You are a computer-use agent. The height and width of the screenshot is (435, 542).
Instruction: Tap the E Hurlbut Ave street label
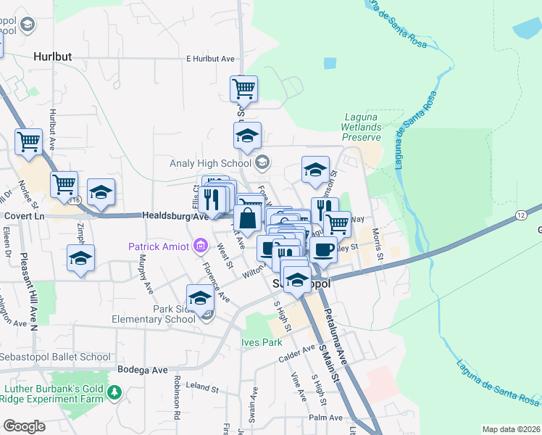pos(212,59)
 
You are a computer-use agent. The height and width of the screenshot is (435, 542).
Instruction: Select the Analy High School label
pos(212,162)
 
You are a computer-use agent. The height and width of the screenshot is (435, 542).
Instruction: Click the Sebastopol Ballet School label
pos(56,357)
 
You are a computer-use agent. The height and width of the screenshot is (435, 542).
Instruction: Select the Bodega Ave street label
pos(143,370)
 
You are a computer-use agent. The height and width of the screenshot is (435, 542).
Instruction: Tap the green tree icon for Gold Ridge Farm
pos(114,393)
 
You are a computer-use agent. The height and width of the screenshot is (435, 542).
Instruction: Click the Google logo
pos(24,426)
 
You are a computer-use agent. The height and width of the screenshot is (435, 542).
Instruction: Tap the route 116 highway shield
pos(74,199)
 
